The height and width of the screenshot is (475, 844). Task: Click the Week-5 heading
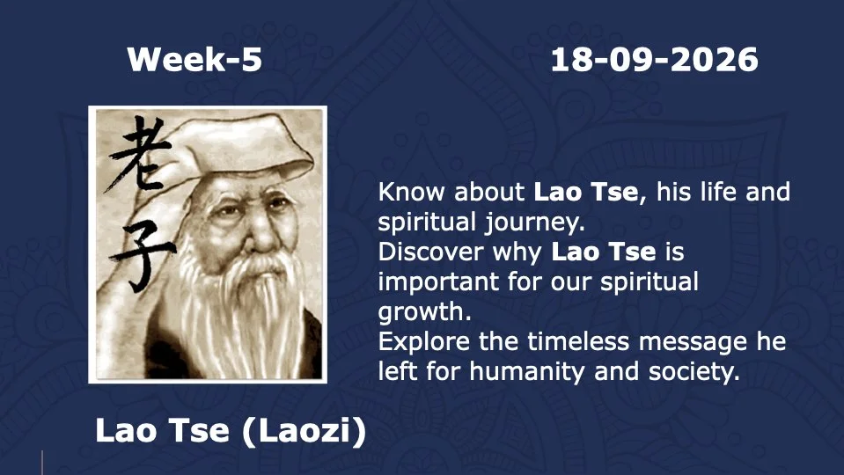tap(194, 59)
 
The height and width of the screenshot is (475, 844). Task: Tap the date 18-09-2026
tap(654, 59)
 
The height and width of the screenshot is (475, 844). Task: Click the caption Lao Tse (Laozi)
tap(231, 431)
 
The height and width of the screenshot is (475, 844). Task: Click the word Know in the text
tap(412, 192)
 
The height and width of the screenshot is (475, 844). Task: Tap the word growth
tap(425, 312)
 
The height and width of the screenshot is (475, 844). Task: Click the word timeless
tap(578, 341)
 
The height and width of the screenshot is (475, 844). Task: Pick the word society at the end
tap(694, 372)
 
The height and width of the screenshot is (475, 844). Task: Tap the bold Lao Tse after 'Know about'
tap(585, 192)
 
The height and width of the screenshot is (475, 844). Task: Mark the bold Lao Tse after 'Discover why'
tap(604, 252)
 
